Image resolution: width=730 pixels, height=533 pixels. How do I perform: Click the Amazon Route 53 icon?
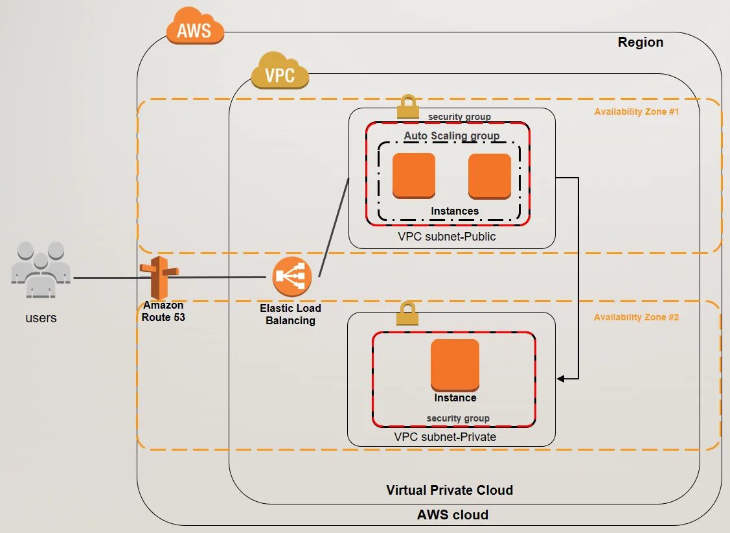coord(159,277)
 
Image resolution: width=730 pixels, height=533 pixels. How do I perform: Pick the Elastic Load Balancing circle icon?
coord(292,276)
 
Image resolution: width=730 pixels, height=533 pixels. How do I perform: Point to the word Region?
coord(640,42)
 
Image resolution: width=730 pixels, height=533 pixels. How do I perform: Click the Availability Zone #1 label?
coord(636,112)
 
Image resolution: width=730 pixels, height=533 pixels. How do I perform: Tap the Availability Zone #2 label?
coord(636,317)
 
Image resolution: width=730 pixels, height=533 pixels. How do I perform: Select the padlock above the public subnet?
coord(408,105)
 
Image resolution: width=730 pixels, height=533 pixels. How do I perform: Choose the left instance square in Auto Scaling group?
coord(414,175)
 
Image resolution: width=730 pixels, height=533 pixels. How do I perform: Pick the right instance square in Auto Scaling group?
coord(490,175)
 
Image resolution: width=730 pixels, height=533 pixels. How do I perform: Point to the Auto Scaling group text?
coord(451,136)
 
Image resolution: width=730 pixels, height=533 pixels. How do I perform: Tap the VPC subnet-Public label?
coord(447,237)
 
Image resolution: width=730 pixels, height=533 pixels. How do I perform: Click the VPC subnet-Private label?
coord(445,437)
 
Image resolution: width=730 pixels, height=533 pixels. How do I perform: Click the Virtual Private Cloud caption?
coord(450,490)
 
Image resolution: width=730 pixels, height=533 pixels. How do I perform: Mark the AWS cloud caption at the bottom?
coord(453,515)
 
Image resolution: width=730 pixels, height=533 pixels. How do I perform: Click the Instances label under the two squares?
coord(455,211)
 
